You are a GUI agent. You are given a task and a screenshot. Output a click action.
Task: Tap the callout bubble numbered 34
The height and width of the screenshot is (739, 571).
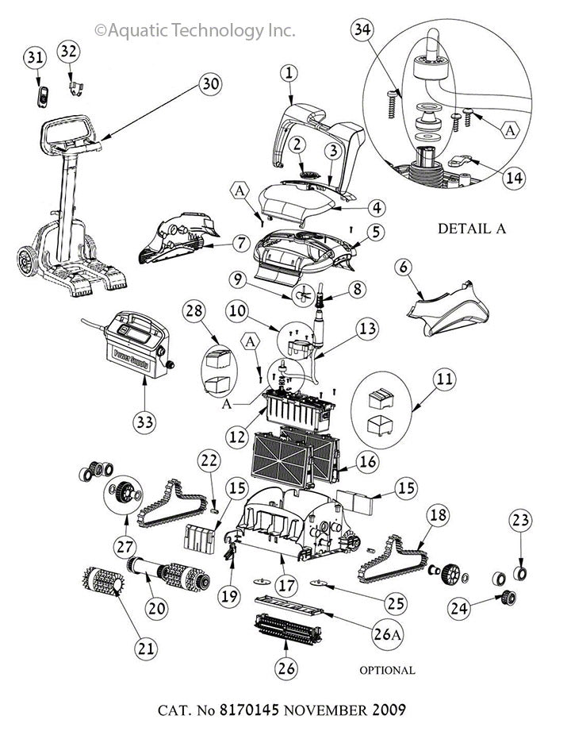(x=362, y=33)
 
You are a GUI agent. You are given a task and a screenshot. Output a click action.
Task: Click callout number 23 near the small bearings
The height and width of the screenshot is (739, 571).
(x=521, y=522)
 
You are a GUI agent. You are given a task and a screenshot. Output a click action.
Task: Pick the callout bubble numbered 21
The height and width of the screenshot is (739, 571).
(x=144, y=649)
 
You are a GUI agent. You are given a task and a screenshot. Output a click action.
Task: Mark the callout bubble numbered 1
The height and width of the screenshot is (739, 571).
(x=289, y=72)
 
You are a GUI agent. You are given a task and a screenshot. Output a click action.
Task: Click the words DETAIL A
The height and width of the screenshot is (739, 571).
(x=472, y=229)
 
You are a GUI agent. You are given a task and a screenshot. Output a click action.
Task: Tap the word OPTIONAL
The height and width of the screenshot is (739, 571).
(x=387, y=670)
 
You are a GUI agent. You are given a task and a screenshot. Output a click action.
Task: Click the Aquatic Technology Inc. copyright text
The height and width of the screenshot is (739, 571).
(x=194, y=30)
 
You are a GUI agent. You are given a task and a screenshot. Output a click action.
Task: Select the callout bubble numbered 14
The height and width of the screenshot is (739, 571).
(x=515, y=178)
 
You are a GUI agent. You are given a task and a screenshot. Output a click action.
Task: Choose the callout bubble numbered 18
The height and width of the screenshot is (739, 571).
(x=438, y=514)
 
